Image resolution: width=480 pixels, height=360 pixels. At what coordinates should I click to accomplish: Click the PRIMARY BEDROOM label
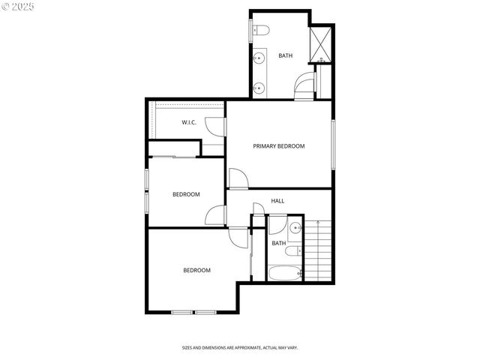[x=278, y=146]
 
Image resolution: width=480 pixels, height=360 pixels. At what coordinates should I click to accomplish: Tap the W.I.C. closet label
[x=189, y=122]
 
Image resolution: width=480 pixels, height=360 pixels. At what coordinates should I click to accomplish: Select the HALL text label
[x=277, y=201]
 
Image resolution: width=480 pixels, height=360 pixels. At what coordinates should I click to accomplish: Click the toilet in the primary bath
[x=259, y=31]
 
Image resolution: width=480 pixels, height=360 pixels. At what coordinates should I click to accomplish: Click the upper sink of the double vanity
[x=259, y=57]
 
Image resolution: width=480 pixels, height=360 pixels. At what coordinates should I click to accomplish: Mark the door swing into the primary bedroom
[x=236, y=179]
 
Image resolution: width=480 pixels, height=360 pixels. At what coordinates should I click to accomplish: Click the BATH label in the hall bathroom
[x=279, y=243]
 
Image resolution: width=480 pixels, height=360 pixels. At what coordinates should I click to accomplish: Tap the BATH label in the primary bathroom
[x=286, y=55]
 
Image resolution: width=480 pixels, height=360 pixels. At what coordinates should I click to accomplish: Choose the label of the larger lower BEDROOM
[x=197, y=270]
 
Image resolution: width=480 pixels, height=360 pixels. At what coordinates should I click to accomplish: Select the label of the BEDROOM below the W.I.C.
[x=186, y=194]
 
